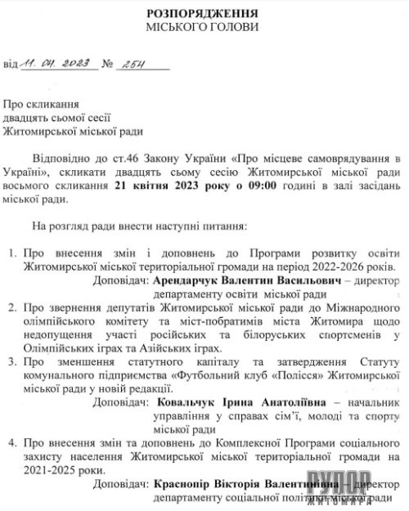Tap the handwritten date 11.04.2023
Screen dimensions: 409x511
[x=50, y=63]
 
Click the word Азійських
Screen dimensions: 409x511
[x=157, y=347]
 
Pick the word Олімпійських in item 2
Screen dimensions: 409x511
[x=58, y=347]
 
